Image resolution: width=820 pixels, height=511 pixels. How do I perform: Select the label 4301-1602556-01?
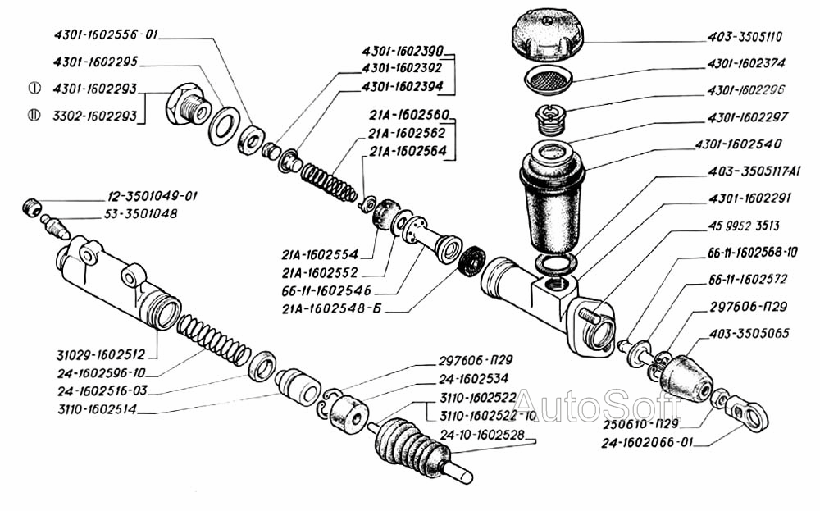click(x=105, y=35)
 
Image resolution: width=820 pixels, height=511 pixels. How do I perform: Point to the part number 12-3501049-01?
click(x=151, y=197)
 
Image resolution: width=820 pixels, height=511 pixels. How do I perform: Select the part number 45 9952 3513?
click(x=744, y=225)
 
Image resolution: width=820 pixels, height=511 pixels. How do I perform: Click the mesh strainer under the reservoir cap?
click(x=548, y=80)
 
